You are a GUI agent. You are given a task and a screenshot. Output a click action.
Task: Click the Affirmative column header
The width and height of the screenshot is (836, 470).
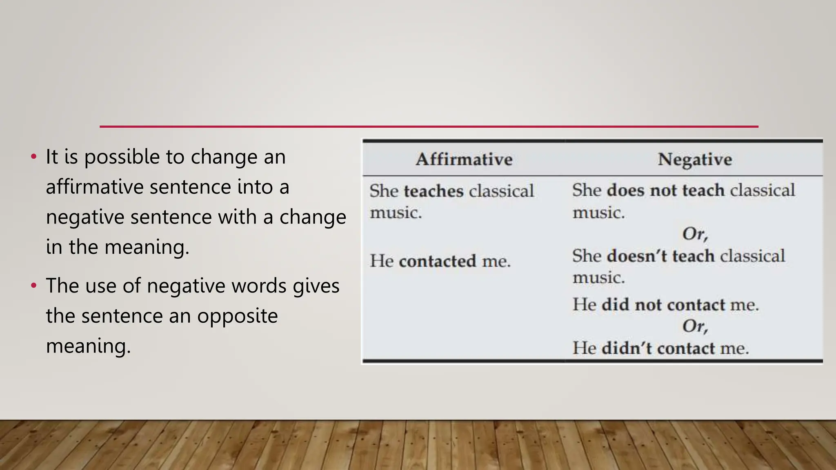464,159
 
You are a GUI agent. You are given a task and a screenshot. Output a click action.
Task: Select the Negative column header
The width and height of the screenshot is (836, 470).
695,159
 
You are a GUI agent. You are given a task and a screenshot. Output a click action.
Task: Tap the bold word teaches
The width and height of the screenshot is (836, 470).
434,191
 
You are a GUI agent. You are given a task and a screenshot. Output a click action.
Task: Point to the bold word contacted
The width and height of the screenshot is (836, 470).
437,261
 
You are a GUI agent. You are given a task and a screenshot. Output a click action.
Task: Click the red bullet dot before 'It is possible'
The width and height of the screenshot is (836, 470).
34,157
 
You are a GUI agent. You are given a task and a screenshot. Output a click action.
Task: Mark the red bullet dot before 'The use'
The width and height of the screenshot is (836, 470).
34,286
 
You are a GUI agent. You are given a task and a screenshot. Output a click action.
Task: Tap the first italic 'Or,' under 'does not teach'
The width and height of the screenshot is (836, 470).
695,234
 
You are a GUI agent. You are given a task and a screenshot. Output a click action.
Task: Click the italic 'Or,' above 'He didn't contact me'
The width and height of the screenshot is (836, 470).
695,326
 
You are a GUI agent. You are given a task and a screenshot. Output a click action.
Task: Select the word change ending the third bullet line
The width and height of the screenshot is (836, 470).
313,217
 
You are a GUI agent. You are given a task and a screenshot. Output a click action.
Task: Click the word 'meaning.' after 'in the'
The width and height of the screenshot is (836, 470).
147,248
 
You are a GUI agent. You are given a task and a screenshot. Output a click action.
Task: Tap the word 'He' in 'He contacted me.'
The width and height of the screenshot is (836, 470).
381,261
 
